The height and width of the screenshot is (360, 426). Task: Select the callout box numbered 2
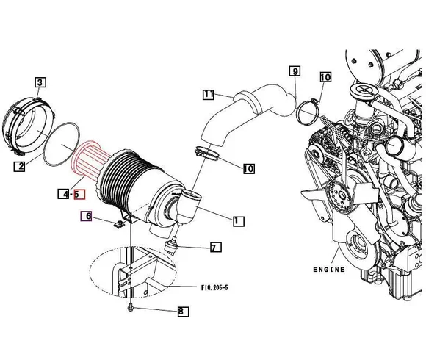(x=21, y=166)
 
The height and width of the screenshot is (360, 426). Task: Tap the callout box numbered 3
(x=40, y=82)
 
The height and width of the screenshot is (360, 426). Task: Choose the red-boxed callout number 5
(x=80, y=195)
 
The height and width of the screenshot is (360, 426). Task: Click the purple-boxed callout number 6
(x=86, y=216)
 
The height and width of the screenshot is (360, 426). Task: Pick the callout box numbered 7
(x=215, y=248)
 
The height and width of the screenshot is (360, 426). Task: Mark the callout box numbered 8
(x=182, y=312)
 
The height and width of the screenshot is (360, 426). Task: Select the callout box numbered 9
(x=295, y=71)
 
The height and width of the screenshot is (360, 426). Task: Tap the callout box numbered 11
(x=209, y=95)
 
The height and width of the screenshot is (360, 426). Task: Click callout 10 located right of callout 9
(x=325, y=76)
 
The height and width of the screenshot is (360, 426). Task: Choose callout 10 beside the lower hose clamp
(x=248, y=168)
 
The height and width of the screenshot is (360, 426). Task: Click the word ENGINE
(x=328, y=270)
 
